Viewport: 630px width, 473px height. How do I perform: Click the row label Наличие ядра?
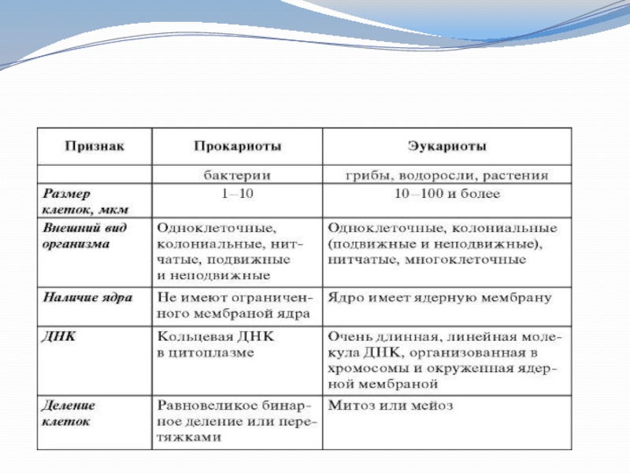(87, 298)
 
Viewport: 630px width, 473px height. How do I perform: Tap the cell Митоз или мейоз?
(390, 406)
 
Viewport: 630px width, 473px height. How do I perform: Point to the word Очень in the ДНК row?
(346, 337)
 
